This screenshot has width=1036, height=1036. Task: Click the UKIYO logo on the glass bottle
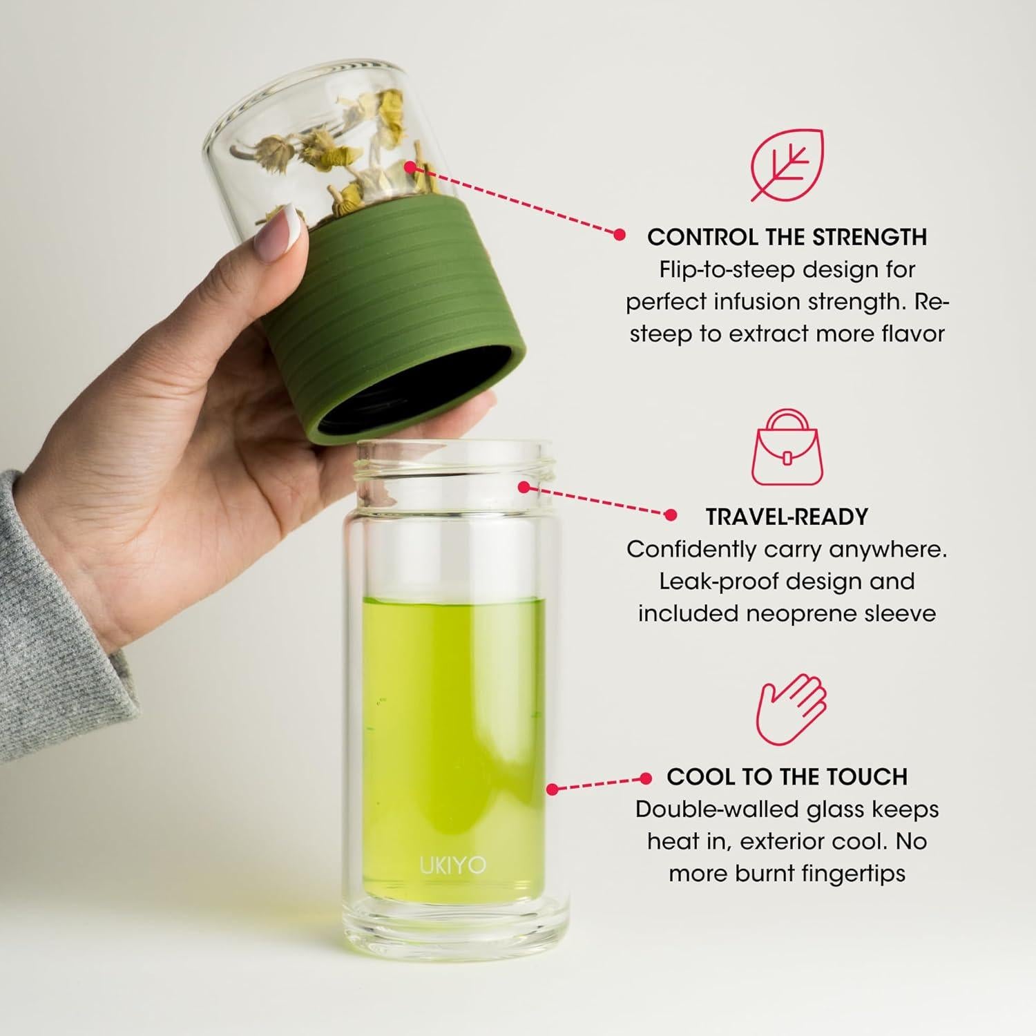452,865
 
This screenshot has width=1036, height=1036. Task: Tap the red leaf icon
787,165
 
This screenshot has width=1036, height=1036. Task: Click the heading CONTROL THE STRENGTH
787,237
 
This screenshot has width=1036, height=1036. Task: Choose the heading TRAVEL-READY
787,517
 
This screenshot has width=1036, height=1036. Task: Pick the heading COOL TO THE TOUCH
787,776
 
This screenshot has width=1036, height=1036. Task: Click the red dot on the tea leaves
410,166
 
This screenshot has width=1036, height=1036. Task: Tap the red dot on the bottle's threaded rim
524,487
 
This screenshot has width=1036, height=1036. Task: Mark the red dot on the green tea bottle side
552,788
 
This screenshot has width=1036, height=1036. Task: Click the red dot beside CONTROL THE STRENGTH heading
620,235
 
